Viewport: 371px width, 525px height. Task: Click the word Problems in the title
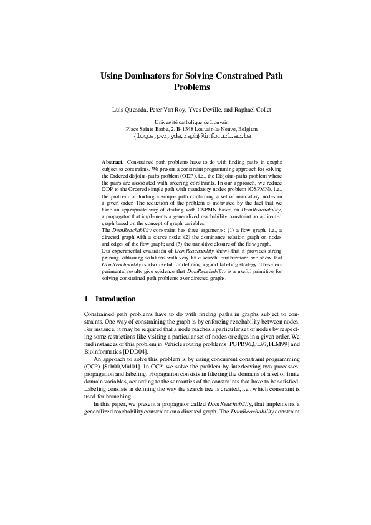191,88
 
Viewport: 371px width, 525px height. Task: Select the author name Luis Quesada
130,110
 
